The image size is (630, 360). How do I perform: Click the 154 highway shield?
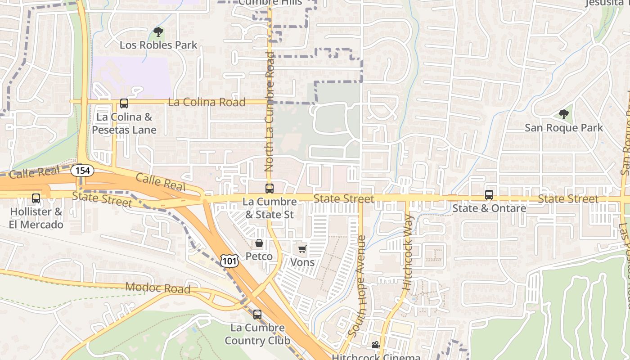82,171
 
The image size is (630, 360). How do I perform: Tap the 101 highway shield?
229,260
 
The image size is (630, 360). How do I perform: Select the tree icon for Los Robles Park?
158,32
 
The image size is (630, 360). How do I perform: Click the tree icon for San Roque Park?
563,114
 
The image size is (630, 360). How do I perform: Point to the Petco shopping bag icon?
259,243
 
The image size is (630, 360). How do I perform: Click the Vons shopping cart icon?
302,249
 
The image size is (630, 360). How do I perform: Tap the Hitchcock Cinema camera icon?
376,345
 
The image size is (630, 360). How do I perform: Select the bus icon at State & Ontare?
489,195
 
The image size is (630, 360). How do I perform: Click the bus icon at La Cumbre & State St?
270,188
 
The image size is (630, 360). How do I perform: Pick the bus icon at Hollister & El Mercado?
36,198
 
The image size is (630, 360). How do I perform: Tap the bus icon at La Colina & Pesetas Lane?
124,103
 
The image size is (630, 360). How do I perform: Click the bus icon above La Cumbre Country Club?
257,314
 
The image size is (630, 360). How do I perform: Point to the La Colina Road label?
207,102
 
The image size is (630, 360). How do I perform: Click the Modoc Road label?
157,288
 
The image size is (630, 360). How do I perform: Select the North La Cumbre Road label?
270,112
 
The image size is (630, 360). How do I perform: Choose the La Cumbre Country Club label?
257,334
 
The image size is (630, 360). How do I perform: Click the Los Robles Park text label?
158,45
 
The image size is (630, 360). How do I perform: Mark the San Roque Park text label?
563,128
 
